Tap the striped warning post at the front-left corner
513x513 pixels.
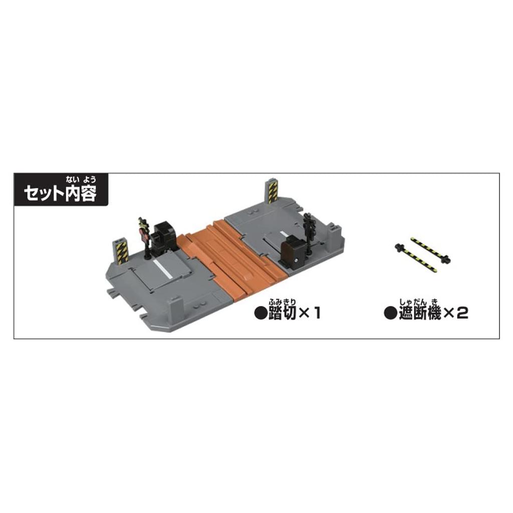pyautogui.click(x=122, y=249)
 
